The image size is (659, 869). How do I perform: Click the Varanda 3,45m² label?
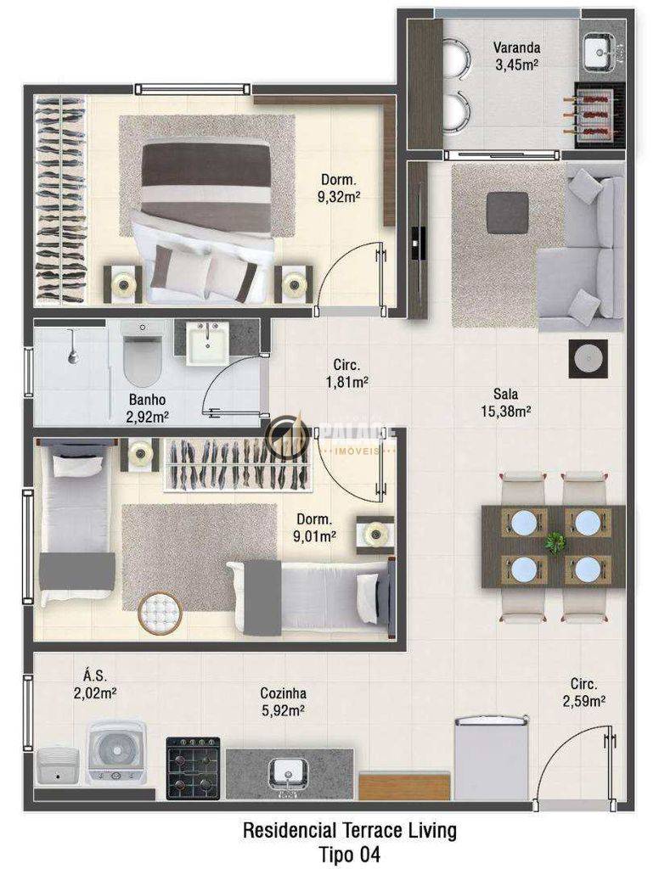(x=517, y=56)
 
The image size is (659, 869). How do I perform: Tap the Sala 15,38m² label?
(x=505, y=402)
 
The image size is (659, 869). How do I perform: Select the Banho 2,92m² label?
(x=147, y=407)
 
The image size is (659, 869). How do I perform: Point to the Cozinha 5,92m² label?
(x=283, y=701)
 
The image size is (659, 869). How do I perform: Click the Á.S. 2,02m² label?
(x=95, y=684)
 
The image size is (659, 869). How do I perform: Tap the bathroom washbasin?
(x=207, y=343)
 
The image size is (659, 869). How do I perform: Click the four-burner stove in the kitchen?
(x=194, y=767)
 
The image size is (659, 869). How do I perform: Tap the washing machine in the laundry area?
(x=116, y=753)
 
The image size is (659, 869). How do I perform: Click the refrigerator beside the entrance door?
(x=492, y=758)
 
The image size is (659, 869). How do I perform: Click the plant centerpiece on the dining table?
(x=555, y=542)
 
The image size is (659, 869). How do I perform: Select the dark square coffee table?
(x=507, y=212)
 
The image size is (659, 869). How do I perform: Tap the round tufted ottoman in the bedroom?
(x=161, y=613)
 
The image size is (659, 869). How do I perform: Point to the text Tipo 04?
(x=350, y=854)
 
